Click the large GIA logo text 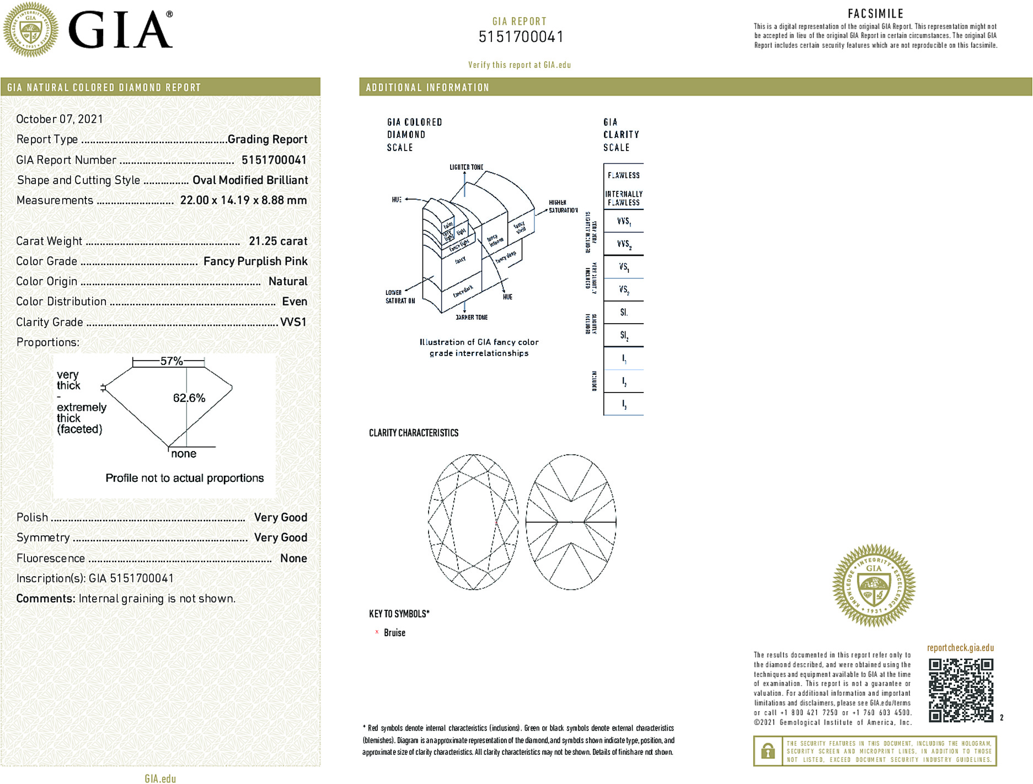coord(120,30)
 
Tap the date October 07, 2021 coord(60,119)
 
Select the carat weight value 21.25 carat coord(278,241)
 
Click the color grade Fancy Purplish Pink coord(255,261)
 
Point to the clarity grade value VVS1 coord(293,322)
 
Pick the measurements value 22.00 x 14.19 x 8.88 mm coord(243,200)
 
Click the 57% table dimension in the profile coord(172,361)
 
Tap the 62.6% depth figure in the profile coord(189,398)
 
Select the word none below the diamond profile coord(184,454)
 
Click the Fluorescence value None coord(293,558)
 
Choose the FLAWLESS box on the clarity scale coord(624,175)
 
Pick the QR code coord(961,690)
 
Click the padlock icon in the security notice coord(768,751)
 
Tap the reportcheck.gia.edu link coord(960,648)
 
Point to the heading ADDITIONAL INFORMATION coord(427,88)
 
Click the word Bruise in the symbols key coord(394,633)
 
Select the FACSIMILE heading coord(875,14)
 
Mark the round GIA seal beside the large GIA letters coord(31,30)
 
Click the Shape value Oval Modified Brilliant coord(250,180)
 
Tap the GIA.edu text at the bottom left coord(160,778)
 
